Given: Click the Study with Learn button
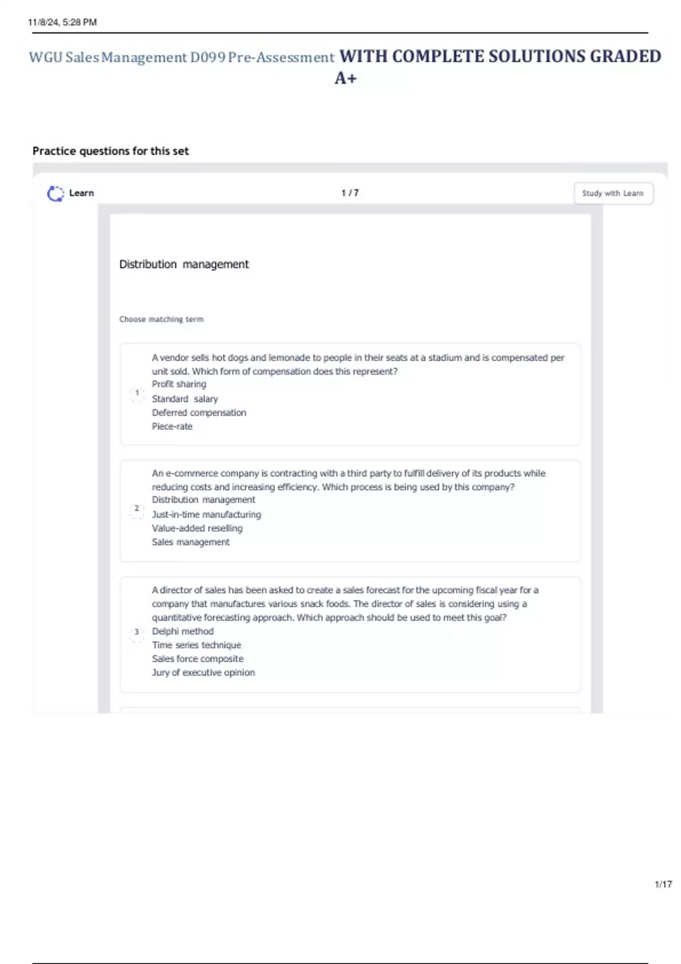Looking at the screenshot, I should [x=613, y=193].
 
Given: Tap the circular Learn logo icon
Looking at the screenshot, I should [x=55, y=193].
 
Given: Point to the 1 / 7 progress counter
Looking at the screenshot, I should [x=350, y=193].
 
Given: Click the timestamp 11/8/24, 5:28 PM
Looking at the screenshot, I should [x=62, y=22].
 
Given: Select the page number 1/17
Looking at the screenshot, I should [x=663, y=884].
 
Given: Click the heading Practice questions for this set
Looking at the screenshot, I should [x=111, y=151].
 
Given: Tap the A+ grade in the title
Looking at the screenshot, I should [x=346, y=78].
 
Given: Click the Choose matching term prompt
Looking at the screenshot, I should [x=161, y=319].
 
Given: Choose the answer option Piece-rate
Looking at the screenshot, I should [x=172, y=426].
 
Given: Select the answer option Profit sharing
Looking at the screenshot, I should [x=179, y=384].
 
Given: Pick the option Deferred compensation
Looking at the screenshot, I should [x=199, y=413].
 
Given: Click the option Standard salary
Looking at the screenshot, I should [x=184, y=399].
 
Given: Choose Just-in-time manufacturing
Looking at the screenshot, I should [x=206, y=514].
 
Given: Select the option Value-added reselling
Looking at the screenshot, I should [x=197, y=528].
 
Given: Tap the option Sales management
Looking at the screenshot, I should [x=191, y=542].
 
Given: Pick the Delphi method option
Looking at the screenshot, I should [x=183, y=631].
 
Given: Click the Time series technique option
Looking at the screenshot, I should [x=196, y=645].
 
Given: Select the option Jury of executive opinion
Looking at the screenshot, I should [x=203, y=673].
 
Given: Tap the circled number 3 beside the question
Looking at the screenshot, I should [x=137, y=632].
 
